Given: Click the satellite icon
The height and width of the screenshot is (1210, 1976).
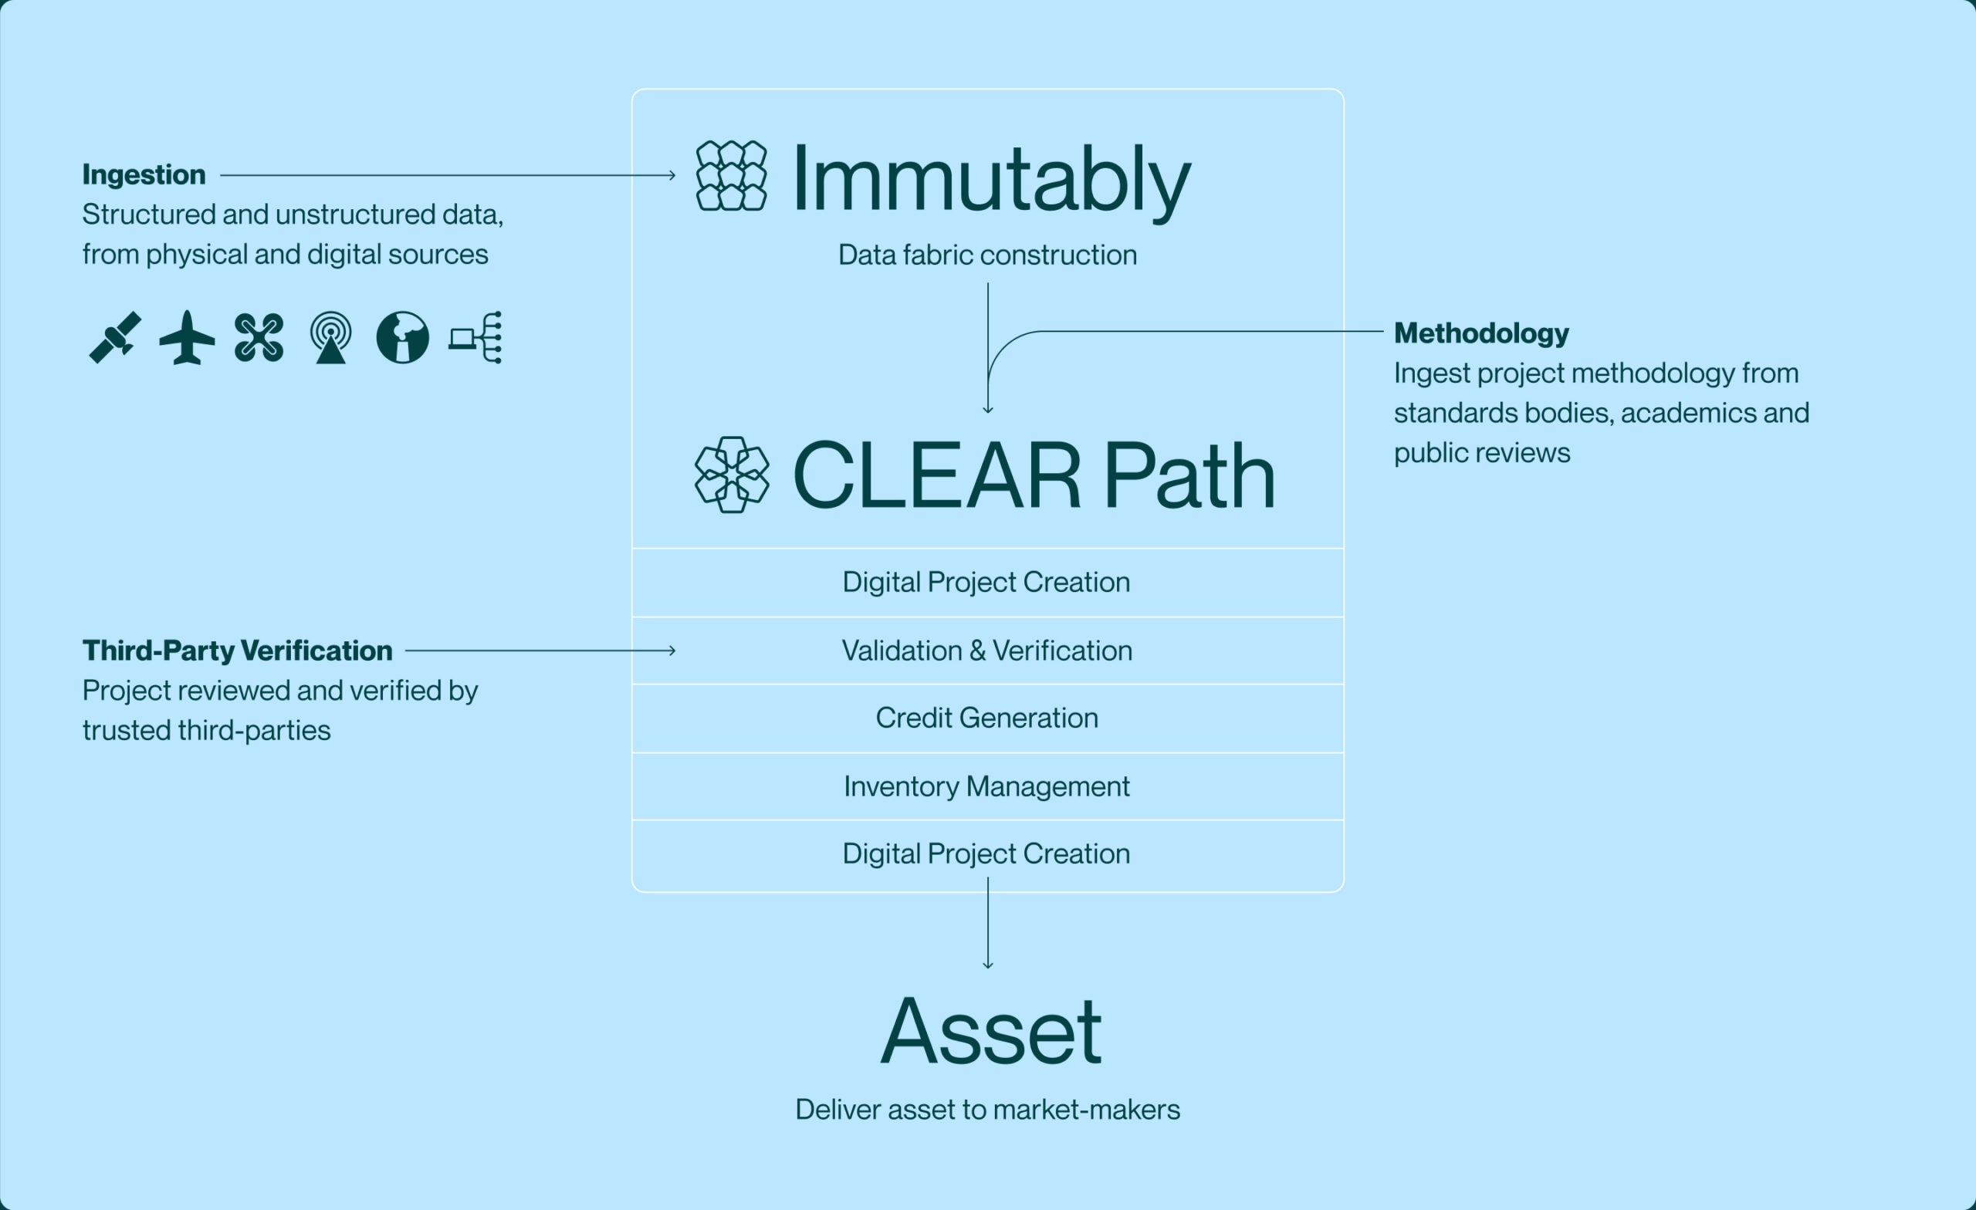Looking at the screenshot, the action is tap(115, 337).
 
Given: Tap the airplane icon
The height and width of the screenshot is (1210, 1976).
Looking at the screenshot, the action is tap(187, 337).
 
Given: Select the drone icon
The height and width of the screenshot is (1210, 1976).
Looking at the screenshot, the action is tap(259, 337).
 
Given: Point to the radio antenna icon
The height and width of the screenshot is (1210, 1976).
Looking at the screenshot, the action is tap(330, 337).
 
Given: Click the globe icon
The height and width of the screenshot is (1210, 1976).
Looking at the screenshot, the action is tap(403, 337).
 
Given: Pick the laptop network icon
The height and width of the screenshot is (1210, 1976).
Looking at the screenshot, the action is tap(475, 337).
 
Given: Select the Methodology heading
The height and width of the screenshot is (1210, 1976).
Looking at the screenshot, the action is tap(1481, 333).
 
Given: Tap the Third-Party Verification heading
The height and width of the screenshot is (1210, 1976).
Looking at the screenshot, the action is tap(238, 651).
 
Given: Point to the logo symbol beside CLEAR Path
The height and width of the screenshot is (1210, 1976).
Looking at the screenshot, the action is tap(733, 475).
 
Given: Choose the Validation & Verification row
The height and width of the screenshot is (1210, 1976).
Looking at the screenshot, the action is tap(987, 651).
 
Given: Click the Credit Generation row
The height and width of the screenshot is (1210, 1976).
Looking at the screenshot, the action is tap(987, 718).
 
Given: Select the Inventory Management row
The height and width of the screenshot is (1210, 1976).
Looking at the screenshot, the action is tap(987, 786).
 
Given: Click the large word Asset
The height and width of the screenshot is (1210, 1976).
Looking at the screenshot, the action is tap(991, 1031).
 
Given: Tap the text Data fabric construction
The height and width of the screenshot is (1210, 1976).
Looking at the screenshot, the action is tap(987, 255).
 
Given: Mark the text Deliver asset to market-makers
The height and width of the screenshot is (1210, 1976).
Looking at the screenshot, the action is tap(987, 1109).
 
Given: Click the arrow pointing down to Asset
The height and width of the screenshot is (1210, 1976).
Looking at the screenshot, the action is tap(988, 923).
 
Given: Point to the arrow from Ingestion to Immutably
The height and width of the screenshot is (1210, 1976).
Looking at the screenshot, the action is tap(448, 175).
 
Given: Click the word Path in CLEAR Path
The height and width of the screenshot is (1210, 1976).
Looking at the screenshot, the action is tap(1190, 475).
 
